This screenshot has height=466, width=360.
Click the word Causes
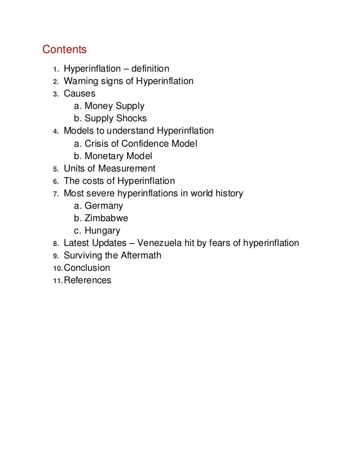coord(80,94)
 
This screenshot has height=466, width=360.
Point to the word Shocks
coord(131,118)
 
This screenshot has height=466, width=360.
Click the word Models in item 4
coord(78,131)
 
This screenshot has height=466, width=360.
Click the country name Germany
coord(103,206)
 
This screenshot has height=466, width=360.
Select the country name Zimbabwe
coord(107,218)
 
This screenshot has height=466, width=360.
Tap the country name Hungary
coord(102,231)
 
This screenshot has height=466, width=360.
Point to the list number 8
coord(55,244)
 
